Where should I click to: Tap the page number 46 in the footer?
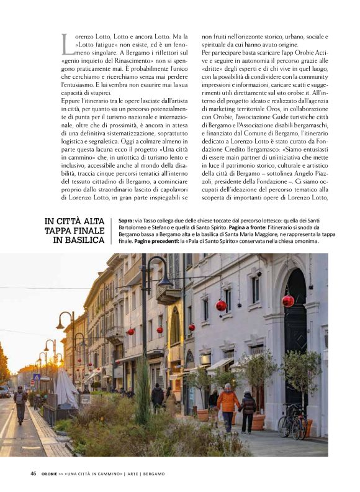(x=34, y=473)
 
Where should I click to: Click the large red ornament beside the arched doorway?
(x=288, y=301)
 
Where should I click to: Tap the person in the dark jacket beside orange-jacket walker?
(x=248, y=410)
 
